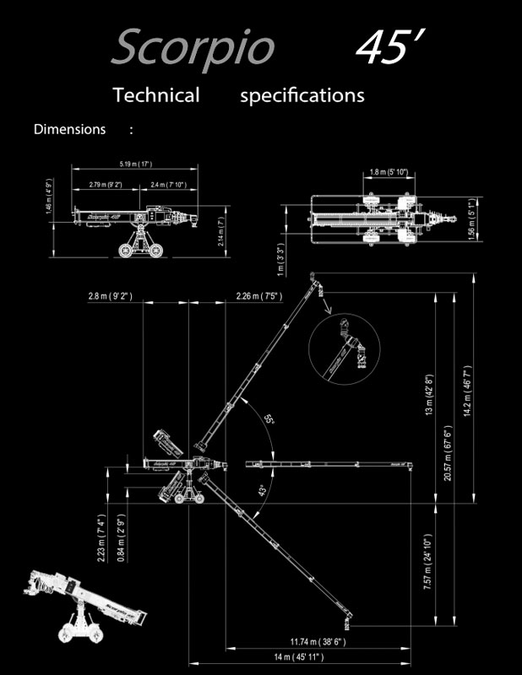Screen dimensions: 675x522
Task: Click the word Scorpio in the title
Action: click(x=193, y=48)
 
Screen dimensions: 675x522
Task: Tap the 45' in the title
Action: click(x=388, y=48)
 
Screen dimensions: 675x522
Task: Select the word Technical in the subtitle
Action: click(x=156, y=94)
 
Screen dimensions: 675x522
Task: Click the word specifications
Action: click(x=302, y=94)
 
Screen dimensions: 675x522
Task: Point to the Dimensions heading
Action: click(x=69, y=129)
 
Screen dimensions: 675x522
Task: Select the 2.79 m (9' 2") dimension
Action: click(x=103, y=184)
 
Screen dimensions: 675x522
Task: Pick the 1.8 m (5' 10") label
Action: click(x=389, y=172)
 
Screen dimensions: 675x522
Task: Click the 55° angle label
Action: click(x=269, y=419)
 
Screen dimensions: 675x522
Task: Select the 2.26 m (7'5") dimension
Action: click(x=258, y=295)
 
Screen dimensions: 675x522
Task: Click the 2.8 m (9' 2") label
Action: click(x=110, y=295)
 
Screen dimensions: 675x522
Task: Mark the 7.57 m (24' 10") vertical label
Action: click(x=428, y=563)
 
